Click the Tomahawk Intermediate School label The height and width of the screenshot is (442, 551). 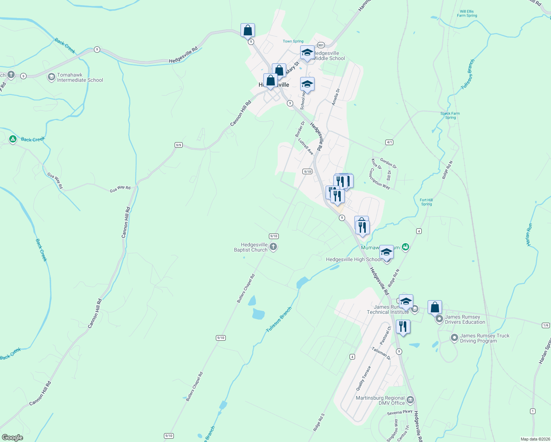point(80,77)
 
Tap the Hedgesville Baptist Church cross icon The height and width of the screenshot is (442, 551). point(273,247)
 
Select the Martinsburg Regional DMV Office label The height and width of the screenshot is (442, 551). point(380,400)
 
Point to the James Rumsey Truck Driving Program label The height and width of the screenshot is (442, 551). point(484,338)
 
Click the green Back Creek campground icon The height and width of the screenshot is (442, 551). point(13,139)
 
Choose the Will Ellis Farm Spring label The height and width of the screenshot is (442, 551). point(467,14)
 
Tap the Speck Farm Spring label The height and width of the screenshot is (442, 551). point(450,116)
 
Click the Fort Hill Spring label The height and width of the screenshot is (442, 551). point(427,202)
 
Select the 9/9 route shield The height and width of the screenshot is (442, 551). point(179,145)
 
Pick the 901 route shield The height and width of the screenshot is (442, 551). point(320,45)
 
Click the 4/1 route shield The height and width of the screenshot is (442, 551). point(389,142)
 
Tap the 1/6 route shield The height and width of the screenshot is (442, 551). point(546,325)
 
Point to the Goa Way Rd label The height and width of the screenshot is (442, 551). point(120,189)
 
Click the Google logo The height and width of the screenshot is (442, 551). point(12,438)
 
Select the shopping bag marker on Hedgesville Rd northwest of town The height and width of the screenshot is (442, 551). point(248,30)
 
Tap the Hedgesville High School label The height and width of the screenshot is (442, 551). point(354,259)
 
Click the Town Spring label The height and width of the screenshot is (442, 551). point(293,41)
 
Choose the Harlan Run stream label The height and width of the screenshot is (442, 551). point(529,235)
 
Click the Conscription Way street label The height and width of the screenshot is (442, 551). point(379,179)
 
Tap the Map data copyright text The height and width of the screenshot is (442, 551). point(535,439)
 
